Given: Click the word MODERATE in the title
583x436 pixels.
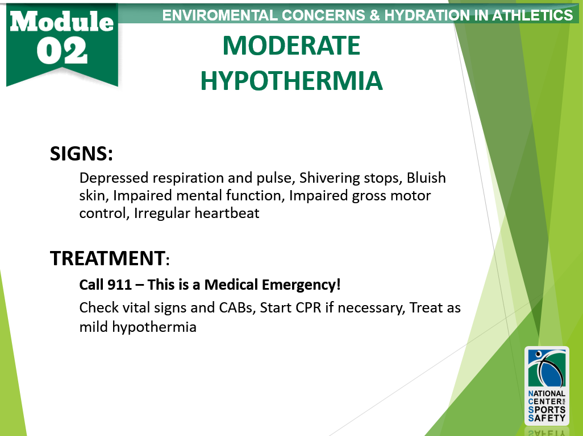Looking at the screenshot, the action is click(291, 46).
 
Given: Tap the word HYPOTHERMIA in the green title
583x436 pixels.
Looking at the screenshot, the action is click(291, 81).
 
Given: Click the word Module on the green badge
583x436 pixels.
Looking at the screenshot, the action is click(62, 21).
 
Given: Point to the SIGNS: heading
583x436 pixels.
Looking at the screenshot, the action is click(81, 154).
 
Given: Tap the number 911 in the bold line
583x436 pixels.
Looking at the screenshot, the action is click(119, 285).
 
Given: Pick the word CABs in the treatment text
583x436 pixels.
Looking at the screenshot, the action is click(236, 308).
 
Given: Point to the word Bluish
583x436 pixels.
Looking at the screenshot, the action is click(426, 178).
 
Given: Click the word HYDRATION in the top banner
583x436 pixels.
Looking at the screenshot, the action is click(427, 15).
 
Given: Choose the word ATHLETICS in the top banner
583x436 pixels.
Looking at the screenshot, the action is click(532, 15).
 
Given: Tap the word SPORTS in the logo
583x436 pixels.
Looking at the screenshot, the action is click(547, 410).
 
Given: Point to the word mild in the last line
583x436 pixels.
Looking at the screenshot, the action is click(94, 327).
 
